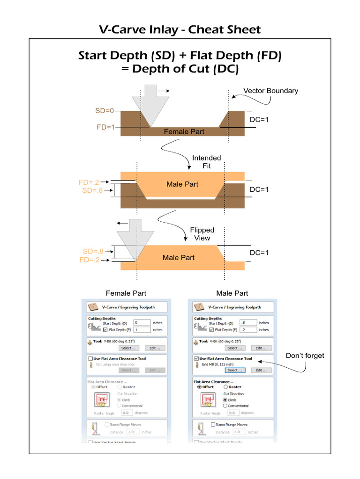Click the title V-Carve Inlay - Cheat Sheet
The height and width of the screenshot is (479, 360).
pos(180,30)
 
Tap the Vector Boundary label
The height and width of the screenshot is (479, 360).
pos(270,91)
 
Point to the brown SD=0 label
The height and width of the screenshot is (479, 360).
pos(104,111)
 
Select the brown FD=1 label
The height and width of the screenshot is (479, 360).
pos(105,127)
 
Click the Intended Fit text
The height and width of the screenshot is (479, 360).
pos(207,162)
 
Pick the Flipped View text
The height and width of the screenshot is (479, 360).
pos(202,234)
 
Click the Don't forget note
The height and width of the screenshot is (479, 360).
pos(305,356)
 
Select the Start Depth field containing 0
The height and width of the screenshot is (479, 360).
pos(142,323)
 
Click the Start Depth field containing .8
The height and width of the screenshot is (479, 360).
pos(248,323)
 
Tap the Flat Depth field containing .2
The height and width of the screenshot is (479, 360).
pos(248,329)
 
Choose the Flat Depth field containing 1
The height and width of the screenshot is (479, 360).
pos(142,329)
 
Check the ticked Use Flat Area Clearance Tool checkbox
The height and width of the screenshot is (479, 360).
pos(196,359)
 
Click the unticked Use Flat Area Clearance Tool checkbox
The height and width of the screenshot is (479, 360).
pos(90,359)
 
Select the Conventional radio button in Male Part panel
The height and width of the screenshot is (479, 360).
pos(225,406)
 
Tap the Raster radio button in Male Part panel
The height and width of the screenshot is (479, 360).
pos(226,387)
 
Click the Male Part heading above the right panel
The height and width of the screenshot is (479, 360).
pos(232,293)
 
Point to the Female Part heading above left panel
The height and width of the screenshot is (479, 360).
pos(126,293)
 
